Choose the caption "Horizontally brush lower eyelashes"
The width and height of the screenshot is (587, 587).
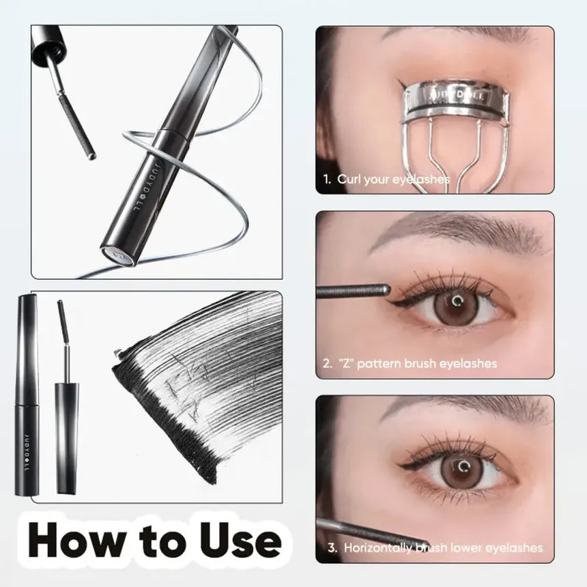coord(443,547)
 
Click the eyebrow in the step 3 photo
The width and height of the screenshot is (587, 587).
coord(471,408)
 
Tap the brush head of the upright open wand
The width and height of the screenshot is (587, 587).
coord(62,321)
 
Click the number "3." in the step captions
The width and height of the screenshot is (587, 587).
coord(332,547)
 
